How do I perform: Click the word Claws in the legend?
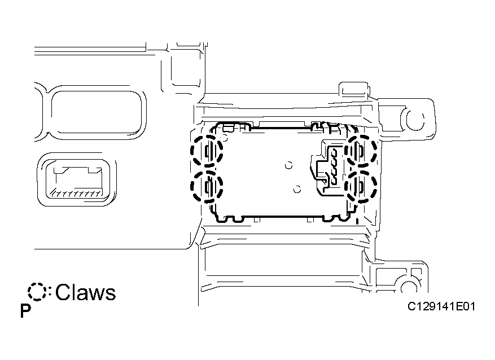[86, 292]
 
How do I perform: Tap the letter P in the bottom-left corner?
[25, 311]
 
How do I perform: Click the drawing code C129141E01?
[441, 306]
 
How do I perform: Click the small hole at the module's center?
[288, 165]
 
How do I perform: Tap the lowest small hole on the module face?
[297, 189]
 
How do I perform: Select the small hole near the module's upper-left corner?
[225, 137]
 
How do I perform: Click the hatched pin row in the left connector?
[76, 193]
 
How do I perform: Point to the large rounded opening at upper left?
[97, 112]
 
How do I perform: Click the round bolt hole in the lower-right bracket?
[409, 287]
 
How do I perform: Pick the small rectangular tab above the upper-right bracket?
[353, 89]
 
